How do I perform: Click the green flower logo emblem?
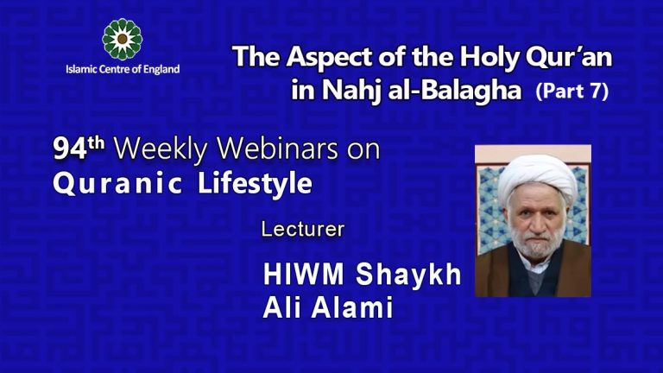click(x=122, y=38)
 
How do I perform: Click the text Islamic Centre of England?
click(x=123, y=70)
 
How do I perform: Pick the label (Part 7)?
click(x=571, y=92)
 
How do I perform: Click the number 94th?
click(x=79, y=149)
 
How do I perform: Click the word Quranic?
click(x=110, y=184)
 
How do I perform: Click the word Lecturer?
click(x=302, y=231)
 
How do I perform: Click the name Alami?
click(x=356, y=308)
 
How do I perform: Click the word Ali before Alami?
click(x=284, y=308)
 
